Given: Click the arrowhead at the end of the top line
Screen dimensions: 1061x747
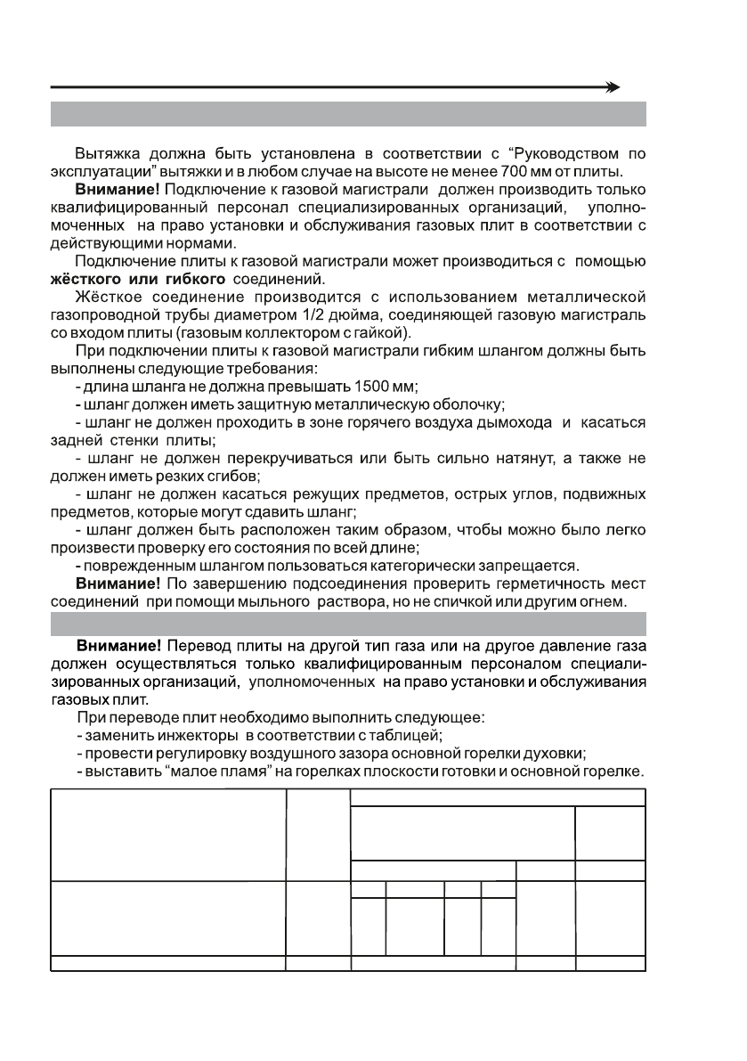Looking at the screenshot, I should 613,87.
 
